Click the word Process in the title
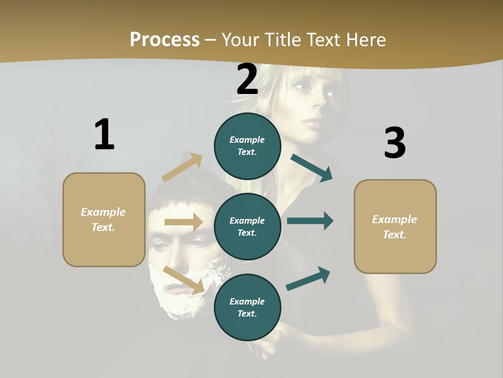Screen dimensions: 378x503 point(165,40)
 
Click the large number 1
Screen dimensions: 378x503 point(104,135)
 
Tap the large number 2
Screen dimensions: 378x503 point(247,79)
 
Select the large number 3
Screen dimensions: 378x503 point(395,143)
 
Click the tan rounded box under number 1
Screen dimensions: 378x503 point(104,219)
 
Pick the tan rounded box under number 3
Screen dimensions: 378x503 point(395,226)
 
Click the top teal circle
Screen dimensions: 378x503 point(247,146)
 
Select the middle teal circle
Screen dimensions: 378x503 point(247,226)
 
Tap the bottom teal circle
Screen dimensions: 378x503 point(247,307)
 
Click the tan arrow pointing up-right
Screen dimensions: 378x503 point(182,167)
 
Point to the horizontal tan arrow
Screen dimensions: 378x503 point(183,222)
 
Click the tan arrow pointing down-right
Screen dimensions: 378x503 point(183,279)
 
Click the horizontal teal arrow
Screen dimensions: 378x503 point(310,220)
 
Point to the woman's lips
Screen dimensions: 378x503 point(313,123)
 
